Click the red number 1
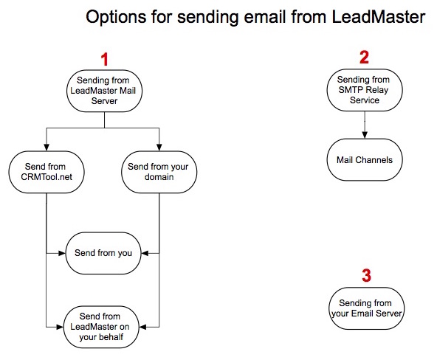105,59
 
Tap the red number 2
364,58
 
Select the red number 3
366,275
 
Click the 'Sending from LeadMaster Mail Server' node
104,91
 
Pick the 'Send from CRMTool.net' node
47,172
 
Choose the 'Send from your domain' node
159,172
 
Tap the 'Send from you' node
103,253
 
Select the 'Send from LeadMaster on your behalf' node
101,327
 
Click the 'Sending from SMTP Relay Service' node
365,90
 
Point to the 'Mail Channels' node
365,160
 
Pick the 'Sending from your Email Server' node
366,308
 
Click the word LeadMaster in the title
379,17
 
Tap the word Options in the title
116,17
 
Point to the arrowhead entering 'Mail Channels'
365,135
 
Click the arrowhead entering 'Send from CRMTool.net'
47,148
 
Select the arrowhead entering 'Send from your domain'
159,148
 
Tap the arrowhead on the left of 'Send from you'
61,253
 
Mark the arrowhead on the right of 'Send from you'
145,253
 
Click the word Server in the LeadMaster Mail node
104,101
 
